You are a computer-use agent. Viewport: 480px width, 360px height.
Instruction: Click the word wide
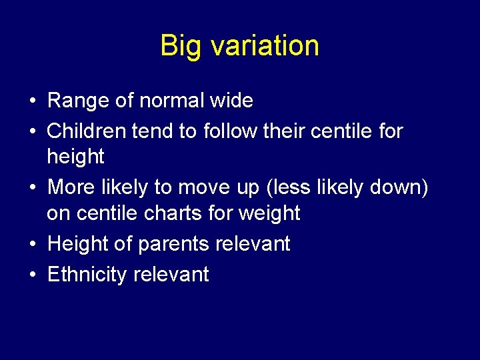pos(232,101)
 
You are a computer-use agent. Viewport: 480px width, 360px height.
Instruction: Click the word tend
pos(152,131)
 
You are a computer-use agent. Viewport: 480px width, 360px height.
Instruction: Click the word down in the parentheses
pos(397,188)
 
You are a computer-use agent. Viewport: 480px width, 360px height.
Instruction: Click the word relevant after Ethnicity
pos(171,274)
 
